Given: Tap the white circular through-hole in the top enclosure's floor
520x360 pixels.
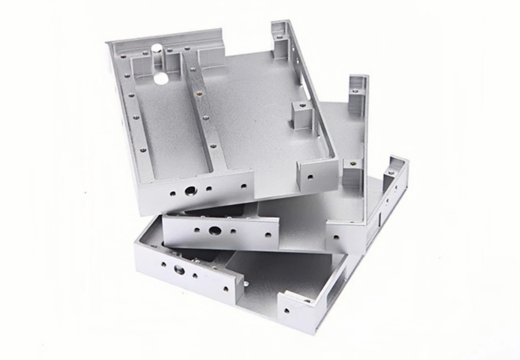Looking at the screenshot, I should [x=161, y=79].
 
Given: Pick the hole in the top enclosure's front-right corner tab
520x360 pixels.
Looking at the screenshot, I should [x=310, y=177].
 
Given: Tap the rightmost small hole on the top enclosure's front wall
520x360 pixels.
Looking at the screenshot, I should [x=244, y=187].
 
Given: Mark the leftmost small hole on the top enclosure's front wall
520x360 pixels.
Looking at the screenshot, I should [x=173, y=194].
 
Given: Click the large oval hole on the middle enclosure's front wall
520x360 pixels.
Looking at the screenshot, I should [x=214, y=230].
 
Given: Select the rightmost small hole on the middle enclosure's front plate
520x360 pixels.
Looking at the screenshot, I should [x=268, y=235].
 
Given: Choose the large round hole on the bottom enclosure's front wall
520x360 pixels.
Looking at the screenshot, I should [x=179, y=271].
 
